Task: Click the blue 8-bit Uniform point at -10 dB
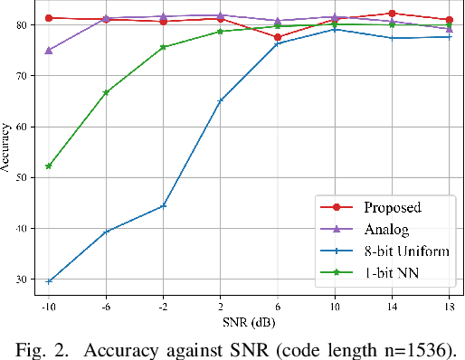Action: click(x=49, y=281)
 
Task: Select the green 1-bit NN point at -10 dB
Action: click(x=49, y=166)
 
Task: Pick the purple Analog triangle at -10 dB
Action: click(x=49, y=51)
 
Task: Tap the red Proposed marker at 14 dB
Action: click(x=392, y=14)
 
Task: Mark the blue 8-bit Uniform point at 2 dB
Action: click(x=221, y=100)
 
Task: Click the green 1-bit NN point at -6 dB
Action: click(x=106, y=92)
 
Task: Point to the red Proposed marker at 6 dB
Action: click(x=278, y=37)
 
